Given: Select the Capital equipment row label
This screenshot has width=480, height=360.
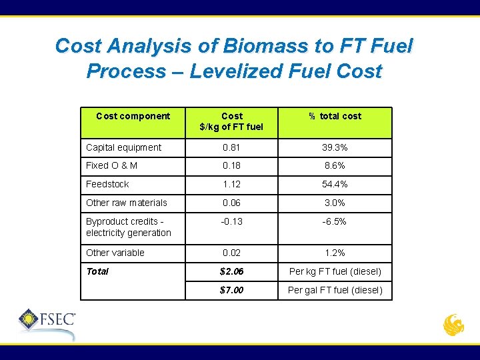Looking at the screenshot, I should [x=123, y=147].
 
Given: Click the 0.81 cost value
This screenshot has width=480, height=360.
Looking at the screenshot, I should [x=231, y=147].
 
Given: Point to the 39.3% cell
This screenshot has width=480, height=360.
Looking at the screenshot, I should [x=335, y=147].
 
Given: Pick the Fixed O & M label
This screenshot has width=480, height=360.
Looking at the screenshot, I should [x=112, y=165].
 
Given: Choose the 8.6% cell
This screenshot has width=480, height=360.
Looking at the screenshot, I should [x=335, y=165].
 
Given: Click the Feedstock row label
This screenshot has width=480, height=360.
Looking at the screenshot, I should [x=107, y=184].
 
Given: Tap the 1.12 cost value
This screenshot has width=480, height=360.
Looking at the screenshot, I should [x=231, y=184].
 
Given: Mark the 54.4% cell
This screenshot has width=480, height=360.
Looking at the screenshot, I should [x=335, y=184].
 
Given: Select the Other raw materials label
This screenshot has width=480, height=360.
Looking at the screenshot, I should [x=127, y=203].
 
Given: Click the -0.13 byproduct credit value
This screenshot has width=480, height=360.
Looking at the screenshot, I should [x=231, y=221].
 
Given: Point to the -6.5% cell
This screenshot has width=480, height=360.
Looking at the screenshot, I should [x=335, y=221].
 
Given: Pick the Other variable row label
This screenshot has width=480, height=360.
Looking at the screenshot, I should [x=115, y=253].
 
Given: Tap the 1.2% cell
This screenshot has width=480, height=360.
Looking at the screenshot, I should [x=335, y=253].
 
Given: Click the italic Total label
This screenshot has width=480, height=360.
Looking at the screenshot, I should [x=97, y=271].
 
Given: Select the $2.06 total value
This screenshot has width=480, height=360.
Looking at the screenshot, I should [x=231, y=271].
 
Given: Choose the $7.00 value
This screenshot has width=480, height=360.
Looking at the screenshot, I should [x=231, y=290].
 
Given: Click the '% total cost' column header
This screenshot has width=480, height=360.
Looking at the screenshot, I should [x=335, y=116].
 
